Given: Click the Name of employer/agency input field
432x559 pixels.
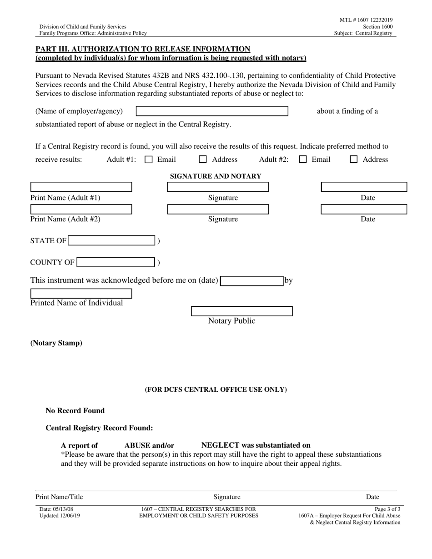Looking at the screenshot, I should coord(212,111).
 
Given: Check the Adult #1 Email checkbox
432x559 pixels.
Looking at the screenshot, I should coord(148,160).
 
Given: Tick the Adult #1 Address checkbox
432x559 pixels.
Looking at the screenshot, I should coord(203,160).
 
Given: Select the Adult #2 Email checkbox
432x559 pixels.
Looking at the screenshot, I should coord(303,160).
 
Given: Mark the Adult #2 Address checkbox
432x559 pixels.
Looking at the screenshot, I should coord(353,160).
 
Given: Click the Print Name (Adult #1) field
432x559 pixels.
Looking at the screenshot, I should coord(81,187).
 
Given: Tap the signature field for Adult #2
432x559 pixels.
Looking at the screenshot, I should coord(218,209).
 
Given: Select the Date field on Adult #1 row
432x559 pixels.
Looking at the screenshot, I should coord(364,187).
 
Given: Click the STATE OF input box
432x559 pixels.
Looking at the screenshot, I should coord(111,241).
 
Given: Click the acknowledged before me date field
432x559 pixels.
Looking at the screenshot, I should coord(252,281).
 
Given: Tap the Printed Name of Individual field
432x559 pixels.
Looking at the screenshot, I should coord(81,294).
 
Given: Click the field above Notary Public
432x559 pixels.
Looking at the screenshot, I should coord(241,311).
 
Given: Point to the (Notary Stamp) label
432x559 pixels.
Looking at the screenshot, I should coord(56,343).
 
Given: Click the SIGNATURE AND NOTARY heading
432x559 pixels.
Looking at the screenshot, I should coord(216,176).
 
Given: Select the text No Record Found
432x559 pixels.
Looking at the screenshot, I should coord(75,411).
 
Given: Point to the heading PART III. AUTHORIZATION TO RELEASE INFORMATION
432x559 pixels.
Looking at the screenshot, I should coord(143,49).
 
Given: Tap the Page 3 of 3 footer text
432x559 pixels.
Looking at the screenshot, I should coord(387,509).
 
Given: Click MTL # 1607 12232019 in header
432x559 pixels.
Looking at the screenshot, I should coord(366,20).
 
